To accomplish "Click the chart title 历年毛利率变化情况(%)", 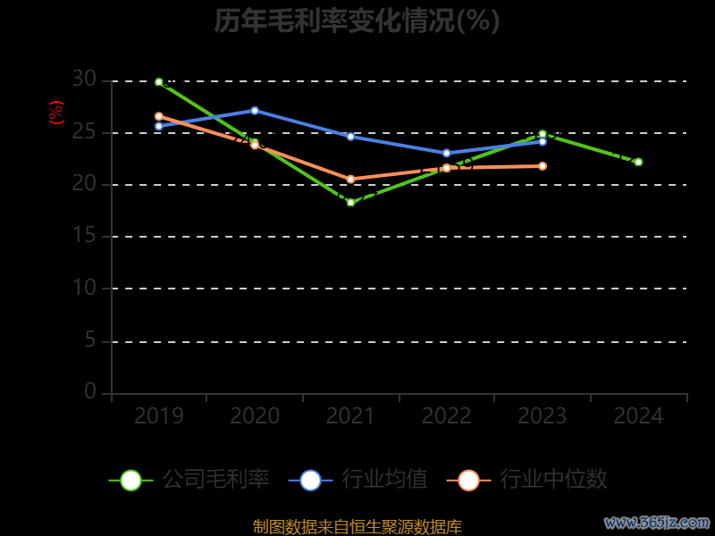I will click(x=357, y=21).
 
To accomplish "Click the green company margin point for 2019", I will click(x=159, y=82).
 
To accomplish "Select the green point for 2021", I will click(x=350, y=203).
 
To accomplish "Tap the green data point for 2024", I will click(x=638, y=162).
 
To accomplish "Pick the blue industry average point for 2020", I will click(x=255, y=111).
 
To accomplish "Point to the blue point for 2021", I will click(x=350, y=137).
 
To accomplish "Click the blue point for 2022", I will click(x=447, y=153).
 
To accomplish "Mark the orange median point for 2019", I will click(x=159, y=116).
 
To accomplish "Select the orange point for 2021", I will click(x=350, y=180).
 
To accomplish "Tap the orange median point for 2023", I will click(x=543, y=166).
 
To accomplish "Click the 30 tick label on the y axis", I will click(x=84, y=80).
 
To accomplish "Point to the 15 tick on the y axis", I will click(x=84, y=236).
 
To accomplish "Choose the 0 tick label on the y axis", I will click(x=89, y=391).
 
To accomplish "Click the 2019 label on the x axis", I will click(x=159, y=416).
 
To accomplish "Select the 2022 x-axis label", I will click(x=447, y=416).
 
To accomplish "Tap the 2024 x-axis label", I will click(x=638, y=416).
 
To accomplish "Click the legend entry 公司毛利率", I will click(x=215, y=480).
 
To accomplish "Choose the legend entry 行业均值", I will click(x=384, y=480).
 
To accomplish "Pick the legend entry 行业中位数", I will click(x=553, y=480).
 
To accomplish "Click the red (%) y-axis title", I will click(x=56, y=113).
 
